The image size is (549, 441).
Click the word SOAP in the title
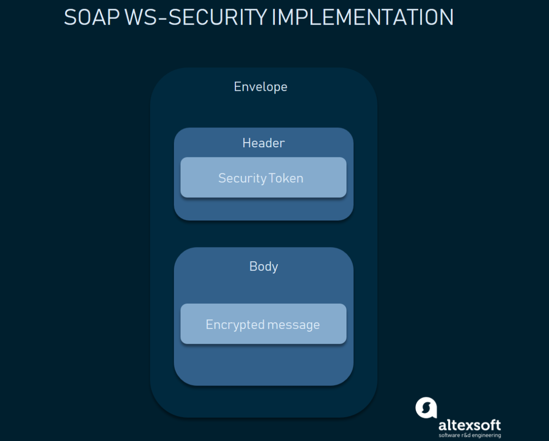[x=92, y=18]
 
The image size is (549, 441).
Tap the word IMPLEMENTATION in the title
[x=363, y=18]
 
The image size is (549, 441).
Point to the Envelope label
[x=260, y=87]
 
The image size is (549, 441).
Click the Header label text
[x=264, y=143]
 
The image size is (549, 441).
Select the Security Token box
[x=263, y=177]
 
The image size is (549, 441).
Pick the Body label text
[x=264, y=267]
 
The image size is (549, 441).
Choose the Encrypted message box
[x=263, y=324]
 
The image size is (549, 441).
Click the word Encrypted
[x=235, y=325]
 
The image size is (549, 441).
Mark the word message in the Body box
[x=293, y=325]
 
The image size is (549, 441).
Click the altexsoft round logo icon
[x=426, y=408]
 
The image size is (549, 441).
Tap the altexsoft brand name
[x=470, y=425]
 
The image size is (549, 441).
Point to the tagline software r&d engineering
[x=470, y=435]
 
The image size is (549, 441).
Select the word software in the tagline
[x=450, y=435]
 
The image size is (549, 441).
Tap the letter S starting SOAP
[x=70, y=18]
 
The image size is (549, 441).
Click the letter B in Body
[x=253, y=266]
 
